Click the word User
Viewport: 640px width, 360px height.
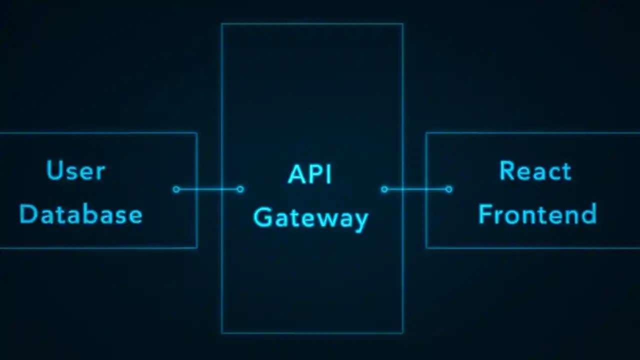[x=75, y=171]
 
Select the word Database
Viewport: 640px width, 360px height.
[x=80, y=214]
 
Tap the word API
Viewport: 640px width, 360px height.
[x=310, y=174]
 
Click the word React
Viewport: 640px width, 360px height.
[x=535, y=171]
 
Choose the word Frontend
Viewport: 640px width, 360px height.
[x=537, y=214]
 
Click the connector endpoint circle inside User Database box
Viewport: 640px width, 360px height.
[x=176, y=189]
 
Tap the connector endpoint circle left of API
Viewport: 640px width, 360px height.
[x=240, y=189]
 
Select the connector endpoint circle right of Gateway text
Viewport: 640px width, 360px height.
[x=384, y=189]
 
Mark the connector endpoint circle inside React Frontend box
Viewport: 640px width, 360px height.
[x=448, y=189]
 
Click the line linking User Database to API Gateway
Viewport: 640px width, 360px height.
[x=208, y=189]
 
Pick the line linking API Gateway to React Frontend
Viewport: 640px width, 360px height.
[x=416, y=189]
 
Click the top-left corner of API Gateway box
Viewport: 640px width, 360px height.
[x=221, y=23]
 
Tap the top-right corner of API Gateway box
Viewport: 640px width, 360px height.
[x=403, y=23]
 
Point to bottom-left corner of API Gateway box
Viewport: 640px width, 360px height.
[x=221, y=333]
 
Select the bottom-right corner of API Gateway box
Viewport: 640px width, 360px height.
[x=403, y=333]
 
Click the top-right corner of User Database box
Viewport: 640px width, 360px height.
[x=197, y=133]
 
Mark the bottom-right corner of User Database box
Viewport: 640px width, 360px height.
[x=197, y=247]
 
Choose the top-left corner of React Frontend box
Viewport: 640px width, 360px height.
[x=426, y=133]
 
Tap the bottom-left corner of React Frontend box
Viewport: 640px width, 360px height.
[x=426, y=247]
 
